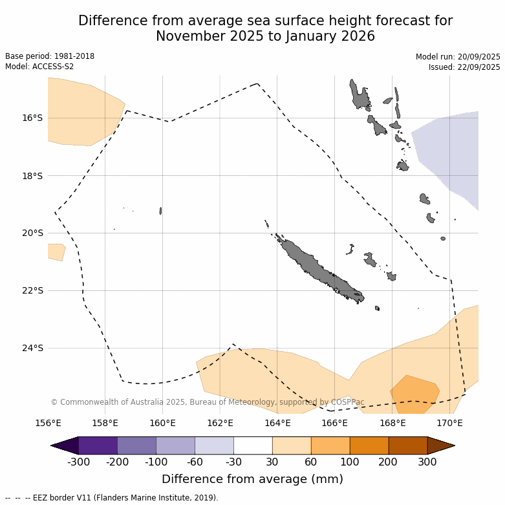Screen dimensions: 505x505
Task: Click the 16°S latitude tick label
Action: coord(32,118)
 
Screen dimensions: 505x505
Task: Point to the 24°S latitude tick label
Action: coord(32,348)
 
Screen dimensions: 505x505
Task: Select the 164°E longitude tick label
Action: coord(277,424)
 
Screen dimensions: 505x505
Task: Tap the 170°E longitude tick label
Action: coord(449,424)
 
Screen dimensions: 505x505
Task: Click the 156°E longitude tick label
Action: coord(48,424)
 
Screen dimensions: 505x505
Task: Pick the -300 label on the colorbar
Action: coord(78,462)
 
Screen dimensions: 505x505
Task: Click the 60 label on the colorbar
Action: coord(311,462)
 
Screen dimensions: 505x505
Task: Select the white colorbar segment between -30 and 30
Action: coord(253,446)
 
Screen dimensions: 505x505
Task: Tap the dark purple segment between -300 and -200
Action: coord(98,446)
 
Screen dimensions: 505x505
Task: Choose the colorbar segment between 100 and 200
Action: coord(369,446)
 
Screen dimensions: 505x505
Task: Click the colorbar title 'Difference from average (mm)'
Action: coord(252,479)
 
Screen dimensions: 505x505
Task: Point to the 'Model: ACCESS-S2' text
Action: coord(39,67)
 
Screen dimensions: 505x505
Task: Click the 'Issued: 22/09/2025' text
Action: coord(464,67)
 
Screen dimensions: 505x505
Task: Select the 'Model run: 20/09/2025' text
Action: coord(458,57)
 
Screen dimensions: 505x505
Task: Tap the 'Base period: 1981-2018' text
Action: coord(50,56)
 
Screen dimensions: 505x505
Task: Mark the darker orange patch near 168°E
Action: coord(414,393)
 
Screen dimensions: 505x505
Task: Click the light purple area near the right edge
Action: coord(453,149)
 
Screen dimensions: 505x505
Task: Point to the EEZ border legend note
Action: coord(111,498)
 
